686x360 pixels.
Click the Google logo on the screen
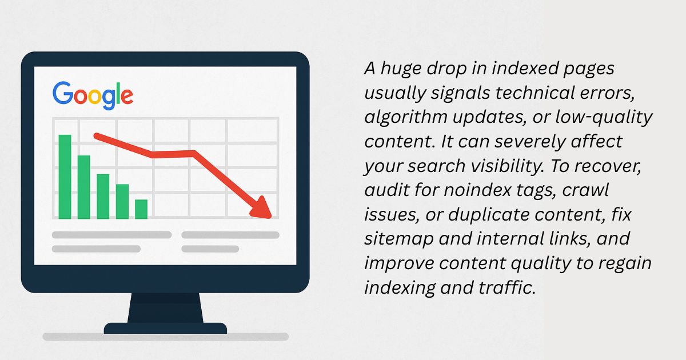point(93,95)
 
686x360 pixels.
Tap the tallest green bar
point(65,177)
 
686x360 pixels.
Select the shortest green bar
point(141,209)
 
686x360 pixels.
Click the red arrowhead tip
point(271,217)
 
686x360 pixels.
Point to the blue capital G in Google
point(63,92)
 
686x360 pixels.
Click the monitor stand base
point(165,329)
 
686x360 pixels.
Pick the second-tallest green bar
point(84,187)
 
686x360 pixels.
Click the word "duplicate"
point(489,215)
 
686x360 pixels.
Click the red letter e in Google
point(127,97)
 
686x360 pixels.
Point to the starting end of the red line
point(97,135)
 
